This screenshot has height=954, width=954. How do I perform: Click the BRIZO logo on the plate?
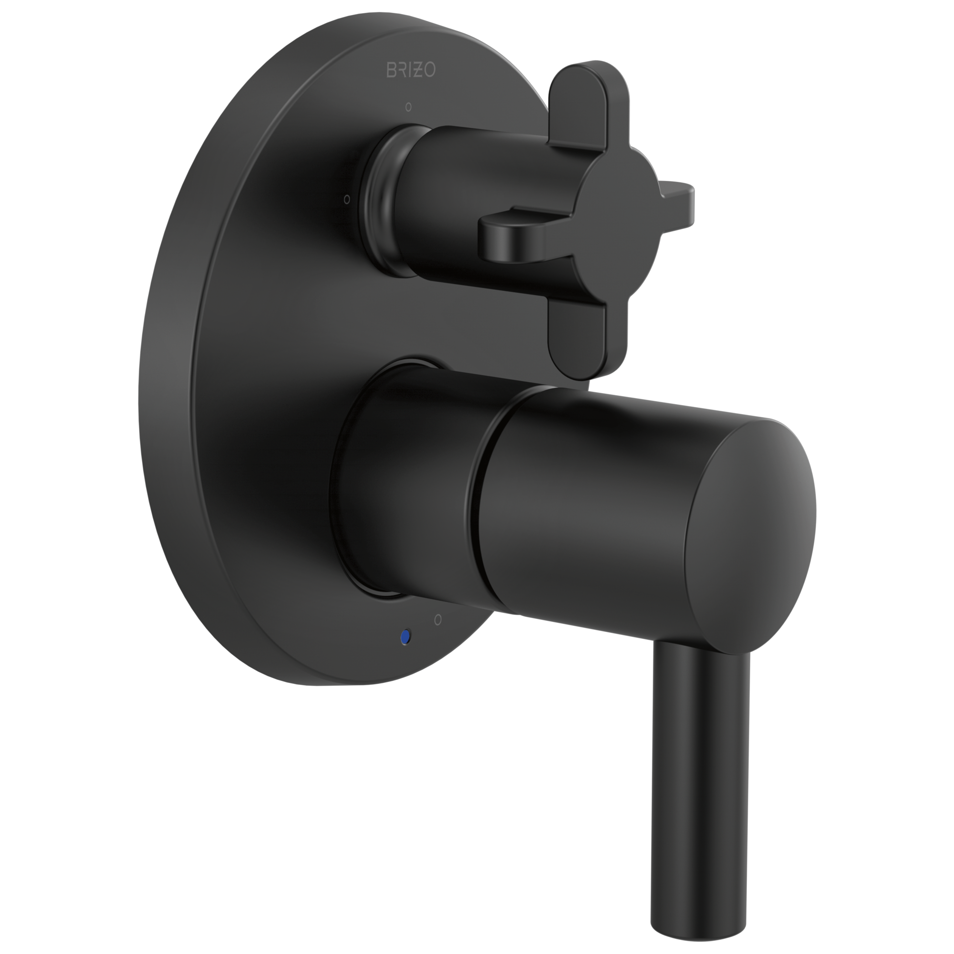tap(410, 70)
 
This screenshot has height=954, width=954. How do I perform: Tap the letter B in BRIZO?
tap(390, 70)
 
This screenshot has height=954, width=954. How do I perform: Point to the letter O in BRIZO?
tap(430, 71)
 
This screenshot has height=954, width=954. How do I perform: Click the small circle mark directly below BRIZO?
tap(408, 107)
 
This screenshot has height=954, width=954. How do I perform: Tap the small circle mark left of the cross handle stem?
tap(347, 199)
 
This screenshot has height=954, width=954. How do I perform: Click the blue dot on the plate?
tap(406, 637)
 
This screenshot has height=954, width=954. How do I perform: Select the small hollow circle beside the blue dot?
tap(437, 619)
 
